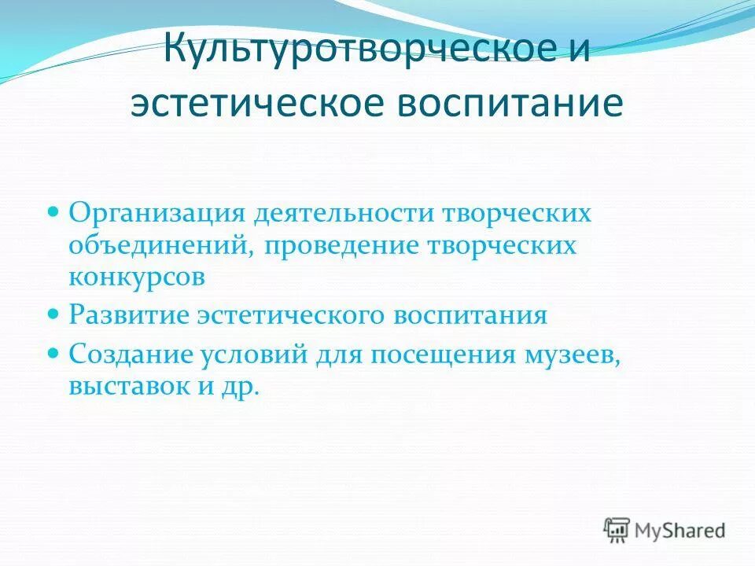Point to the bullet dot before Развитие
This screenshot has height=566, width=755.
pos(54,313)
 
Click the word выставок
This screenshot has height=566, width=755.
pos(124,387)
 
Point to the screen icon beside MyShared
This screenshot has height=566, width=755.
pos(617,529)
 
